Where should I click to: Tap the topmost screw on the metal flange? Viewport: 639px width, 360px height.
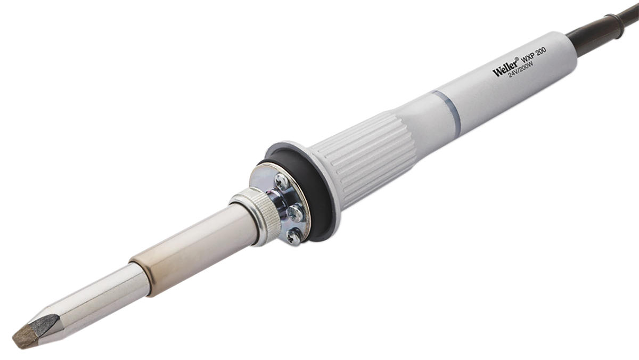click(282, 182)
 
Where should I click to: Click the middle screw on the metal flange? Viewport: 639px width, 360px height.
click(296, 213)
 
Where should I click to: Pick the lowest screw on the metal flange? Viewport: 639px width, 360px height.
click(294, 235)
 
